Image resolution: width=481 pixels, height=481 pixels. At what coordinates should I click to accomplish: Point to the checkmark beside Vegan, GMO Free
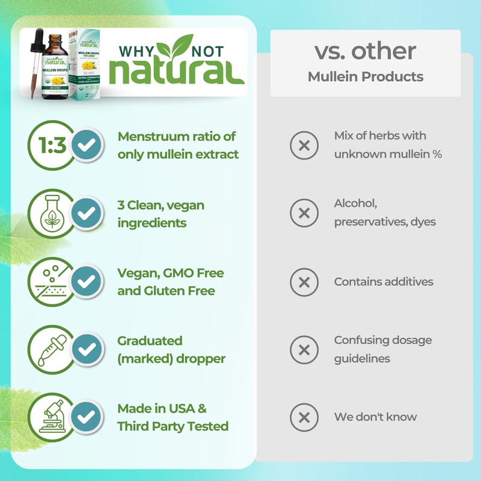[87, 281]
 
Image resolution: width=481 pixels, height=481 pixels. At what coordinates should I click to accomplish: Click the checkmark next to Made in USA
[87, 417]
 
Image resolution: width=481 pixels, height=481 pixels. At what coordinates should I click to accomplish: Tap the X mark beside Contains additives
[304, 281]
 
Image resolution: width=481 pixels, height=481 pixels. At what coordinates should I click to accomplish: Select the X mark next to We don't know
[304, 417]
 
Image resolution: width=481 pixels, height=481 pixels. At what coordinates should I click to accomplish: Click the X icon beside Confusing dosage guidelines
[304, 349]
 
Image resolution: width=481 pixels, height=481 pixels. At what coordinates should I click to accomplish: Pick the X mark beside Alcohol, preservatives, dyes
[304, 213]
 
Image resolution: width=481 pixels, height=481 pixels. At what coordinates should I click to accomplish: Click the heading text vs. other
[365, 51]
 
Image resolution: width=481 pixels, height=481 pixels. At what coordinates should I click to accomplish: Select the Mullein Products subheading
[365, 77]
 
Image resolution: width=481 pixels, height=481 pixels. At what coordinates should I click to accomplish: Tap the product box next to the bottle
[85, 64]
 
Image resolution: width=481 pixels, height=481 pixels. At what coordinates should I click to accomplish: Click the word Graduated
[150, 341]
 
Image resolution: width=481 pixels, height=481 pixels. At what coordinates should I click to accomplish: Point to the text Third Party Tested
[173, 426]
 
